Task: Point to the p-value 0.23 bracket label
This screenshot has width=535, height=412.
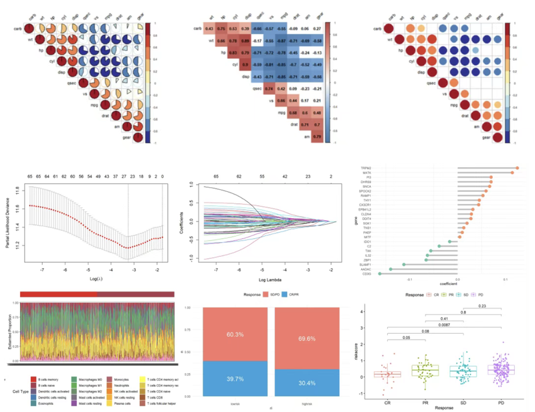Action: click(x=482, y=306)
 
